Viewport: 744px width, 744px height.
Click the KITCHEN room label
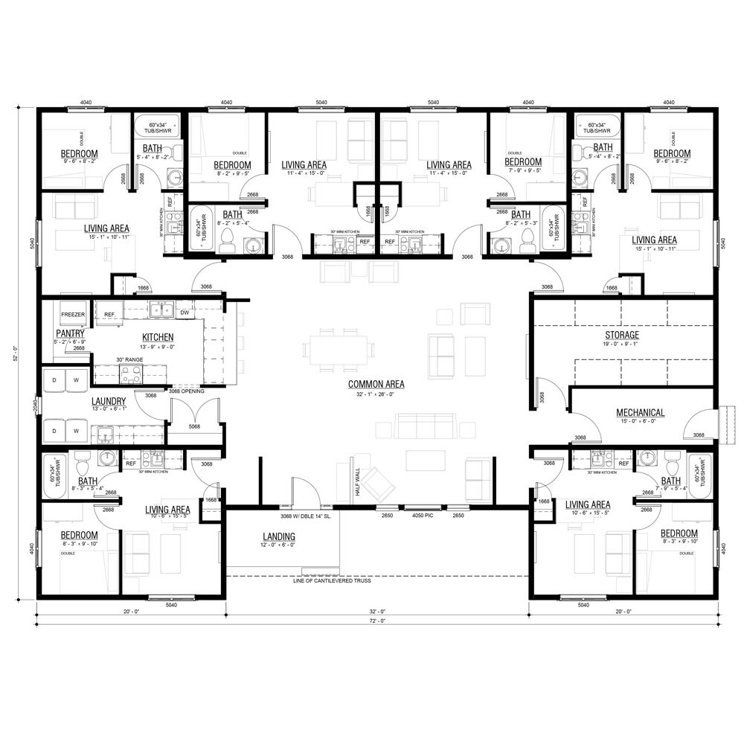click(x=158, y=337)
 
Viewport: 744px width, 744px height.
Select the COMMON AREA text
click(x=376, y=385)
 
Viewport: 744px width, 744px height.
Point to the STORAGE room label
click(x=621, y=335)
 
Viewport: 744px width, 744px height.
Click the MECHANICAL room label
click(x=640, y=413)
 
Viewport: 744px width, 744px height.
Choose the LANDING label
click(x=279, y=536)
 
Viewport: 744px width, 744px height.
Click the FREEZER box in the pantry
click(x=73, y=315)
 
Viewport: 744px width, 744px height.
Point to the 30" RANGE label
click(x=129, y=360)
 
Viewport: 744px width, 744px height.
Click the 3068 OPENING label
click(x=186, y=390)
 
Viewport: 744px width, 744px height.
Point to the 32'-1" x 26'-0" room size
click(x=376, y=394)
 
